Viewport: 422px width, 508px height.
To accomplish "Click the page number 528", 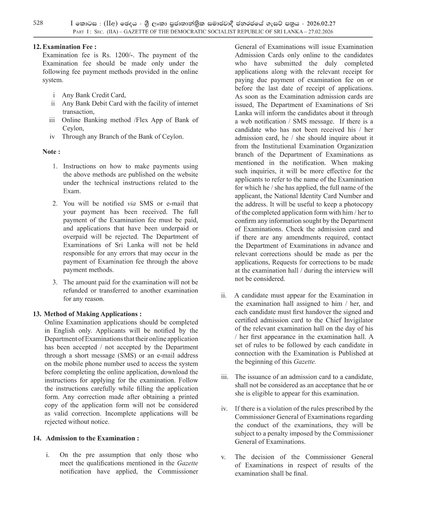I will click(x=38, y=23).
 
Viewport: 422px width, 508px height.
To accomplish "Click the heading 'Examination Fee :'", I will click(x=70, y=47).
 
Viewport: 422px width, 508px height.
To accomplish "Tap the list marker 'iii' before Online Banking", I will click(x=52, y=120).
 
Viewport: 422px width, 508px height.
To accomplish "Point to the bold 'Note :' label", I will click(x=51, y=152).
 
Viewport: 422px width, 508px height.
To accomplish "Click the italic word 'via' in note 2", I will click(x=132, y=204).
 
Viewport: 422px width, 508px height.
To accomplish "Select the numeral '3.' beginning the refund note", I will click(x=55, y=282).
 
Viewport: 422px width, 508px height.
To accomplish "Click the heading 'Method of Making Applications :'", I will click(x=93, y=314).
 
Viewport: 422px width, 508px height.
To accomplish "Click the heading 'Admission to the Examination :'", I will click(x=92, y=439).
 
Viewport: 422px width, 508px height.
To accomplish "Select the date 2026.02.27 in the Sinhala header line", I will click(x=321, y=23).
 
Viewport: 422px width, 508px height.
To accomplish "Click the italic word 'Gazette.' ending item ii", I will click(x=305, y=362).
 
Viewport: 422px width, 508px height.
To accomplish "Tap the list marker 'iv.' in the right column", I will click(x=224, y=409).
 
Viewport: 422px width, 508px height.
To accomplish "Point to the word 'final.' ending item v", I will click(x=300, y=474).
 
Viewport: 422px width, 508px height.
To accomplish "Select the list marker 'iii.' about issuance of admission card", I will click(x=224, y=377).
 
